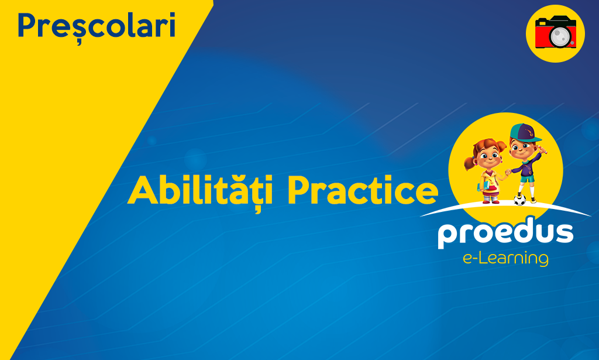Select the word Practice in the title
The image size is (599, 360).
[x=363, y=190]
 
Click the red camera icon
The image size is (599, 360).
[x=556, y=33]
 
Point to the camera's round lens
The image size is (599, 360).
[x=560, y=36]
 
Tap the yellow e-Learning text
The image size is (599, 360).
[x=505, y=258]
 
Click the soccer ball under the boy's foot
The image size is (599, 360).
[x=519, y=200]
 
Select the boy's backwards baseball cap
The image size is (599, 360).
[x=525, y=132]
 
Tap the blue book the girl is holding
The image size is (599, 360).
[x=483, y=187]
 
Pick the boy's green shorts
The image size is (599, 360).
[x=527, y=179]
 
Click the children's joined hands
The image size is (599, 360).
[x=508, y=172]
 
